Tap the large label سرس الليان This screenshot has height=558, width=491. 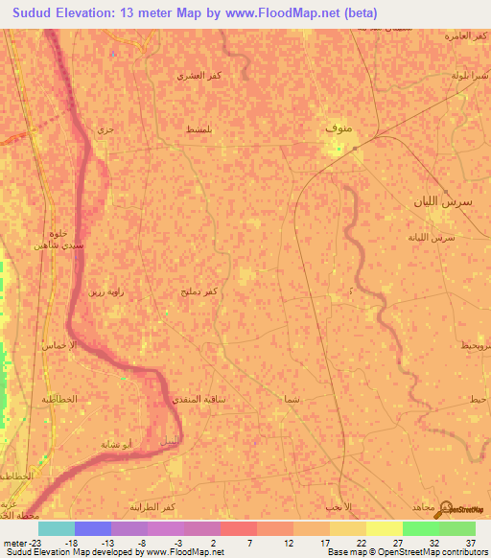437,202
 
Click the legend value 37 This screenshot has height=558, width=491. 470,542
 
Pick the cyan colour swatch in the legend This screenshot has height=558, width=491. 56,528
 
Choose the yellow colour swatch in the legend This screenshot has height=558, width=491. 384,528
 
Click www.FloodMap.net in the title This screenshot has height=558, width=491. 292,13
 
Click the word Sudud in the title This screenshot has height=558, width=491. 36,13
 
